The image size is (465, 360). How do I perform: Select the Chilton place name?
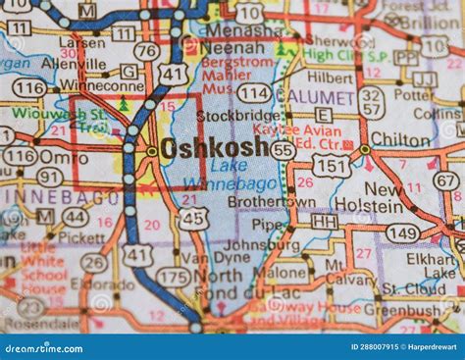tap(400, 139)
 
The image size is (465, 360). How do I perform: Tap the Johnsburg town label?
tap(263, 245)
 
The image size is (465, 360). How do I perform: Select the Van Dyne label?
tap(203, 257)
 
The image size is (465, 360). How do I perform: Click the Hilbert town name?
tap(330, 77)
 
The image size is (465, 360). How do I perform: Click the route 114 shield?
tap(254, 92)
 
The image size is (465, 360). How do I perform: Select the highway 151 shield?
tap(330, 167)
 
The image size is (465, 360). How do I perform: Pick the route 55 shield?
tap(283, 149)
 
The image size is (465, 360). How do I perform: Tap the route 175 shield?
tap(174, 278)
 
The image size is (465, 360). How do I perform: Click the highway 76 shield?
tap(146, 51)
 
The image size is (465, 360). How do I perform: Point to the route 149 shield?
tap(401, 233)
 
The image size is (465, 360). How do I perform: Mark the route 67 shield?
tap(446, 180)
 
